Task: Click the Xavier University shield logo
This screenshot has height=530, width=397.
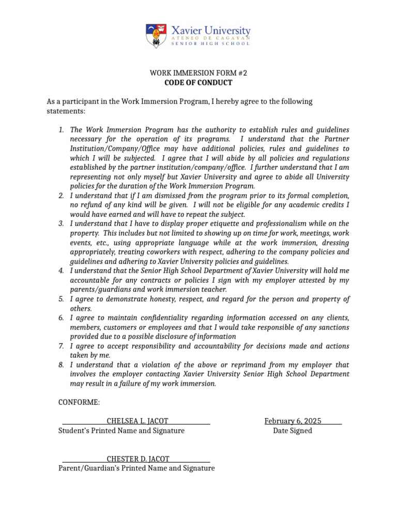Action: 156,35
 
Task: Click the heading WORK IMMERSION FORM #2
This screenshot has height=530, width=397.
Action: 198,73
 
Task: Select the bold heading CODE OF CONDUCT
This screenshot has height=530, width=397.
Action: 198,83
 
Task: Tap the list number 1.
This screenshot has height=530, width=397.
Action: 61,130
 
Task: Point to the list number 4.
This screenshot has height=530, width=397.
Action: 61,271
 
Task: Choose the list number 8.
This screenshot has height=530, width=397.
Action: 61,365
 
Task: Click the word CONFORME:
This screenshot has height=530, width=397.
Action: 79,403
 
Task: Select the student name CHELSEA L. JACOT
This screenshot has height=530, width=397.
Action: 137,421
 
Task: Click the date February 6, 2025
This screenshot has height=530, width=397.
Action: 293,421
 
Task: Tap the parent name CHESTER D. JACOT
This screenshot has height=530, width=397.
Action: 138,459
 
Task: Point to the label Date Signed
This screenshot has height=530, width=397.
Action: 293,431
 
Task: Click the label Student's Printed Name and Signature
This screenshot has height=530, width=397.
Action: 121,431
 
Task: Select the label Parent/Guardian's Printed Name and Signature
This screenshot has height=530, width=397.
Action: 136,468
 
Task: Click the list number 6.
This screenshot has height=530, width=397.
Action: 61,318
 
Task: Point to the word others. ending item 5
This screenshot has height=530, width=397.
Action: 81,308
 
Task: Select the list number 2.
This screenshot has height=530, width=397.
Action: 61,196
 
